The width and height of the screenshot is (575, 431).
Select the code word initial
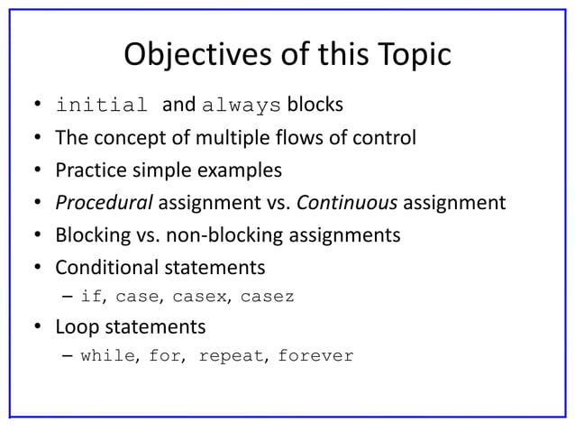(101, 105)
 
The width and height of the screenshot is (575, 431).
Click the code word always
(242, 105)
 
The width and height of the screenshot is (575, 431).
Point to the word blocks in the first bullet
(315, 105)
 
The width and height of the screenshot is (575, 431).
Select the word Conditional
(105, 268)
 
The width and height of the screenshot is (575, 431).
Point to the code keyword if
(91, 296)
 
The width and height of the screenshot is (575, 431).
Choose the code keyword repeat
(231, 355)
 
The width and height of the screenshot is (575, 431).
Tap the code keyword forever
(315, 355)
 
